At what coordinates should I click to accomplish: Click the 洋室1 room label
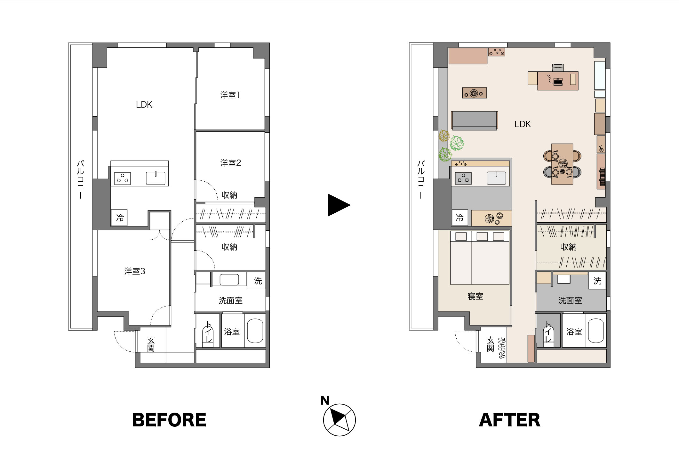tap(230, 95)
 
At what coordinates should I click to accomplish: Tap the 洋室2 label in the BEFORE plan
tap(230, 163)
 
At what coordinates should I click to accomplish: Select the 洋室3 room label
tap(135, 271)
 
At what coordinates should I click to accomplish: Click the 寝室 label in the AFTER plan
tap(475, 296)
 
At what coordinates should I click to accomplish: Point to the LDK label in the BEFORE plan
tap(144, 105)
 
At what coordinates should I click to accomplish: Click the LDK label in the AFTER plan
tap(523, 124)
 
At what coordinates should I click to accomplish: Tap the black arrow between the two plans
tap(339, 205)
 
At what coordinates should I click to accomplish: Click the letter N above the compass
tap(325, 400)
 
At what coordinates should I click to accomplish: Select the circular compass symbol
tap(339, 420)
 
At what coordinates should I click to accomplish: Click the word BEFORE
tap(169, 420)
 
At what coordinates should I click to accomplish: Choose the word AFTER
tap(510, 420)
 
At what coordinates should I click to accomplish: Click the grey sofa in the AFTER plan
tap(475, 121)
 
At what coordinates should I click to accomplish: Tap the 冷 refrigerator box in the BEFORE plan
tap(119, 218)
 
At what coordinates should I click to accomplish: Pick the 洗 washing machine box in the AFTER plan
tap(597, 281)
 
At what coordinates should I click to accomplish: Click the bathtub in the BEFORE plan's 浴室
tap(255, 331)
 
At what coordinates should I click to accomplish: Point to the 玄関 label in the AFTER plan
tap(490, 344)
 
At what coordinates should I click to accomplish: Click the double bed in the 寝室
tap(480, 258)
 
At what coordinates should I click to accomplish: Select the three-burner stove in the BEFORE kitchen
tap(122, 178)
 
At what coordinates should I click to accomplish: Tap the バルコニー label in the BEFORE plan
tap(80, 179)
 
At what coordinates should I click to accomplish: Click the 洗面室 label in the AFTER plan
tap(570, 301)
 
